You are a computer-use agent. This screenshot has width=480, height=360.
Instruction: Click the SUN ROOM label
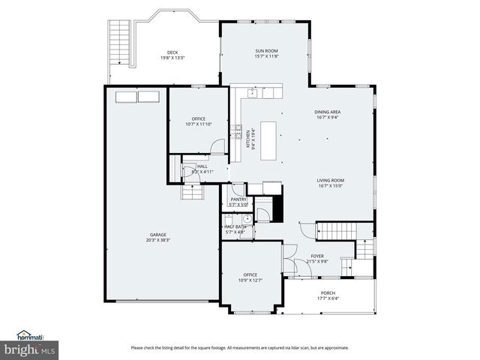coord(266,51)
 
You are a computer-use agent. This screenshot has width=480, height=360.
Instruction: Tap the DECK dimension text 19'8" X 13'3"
coord(172,58)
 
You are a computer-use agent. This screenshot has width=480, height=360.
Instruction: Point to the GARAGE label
coord(157,234)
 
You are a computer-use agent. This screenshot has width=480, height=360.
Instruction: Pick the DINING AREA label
coord(328,112)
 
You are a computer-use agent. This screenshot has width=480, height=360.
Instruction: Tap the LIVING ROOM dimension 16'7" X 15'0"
coord(330,186)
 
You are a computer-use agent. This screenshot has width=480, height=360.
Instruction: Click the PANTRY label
coord(238,199)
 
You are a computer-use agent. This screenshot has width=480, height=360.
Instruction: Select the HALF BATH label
coord(235,226)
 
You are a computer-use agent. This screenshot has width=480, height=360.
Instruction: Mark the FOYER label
coord(318,256)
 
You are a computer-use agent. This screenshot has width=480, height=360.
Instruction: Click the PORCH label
coord(328,292)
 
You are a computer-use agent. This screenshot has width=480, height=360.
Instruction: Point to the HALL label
coord(202,166)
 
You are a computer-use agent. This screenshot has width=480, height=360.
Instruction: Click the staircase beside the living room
coord(344,230)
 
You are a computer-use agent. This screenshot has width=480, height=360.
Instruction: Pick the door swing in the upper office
coord(217,146)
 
